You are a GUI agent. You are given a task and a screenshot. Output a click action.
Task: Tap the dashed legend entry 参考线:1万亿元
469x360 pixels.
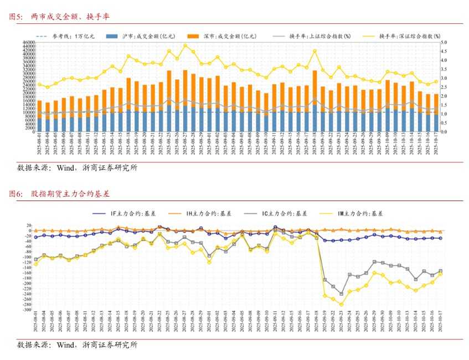coord(60,36)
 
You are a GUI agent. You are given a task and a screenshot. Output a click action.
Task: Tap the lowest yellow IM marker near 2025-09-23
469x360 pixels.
coord(342,304)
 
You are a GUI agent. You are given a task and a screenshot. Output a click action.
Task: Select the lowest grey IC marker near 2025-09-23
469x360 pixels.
coord(342,294)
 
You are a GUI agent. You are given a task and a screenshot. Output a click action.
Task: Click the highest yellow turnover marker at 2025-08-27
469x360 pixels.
coord(185,45)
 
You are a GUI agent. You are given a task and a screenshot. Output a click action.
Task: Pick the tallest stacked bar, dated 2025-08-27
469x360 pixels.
coord(185,100)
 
